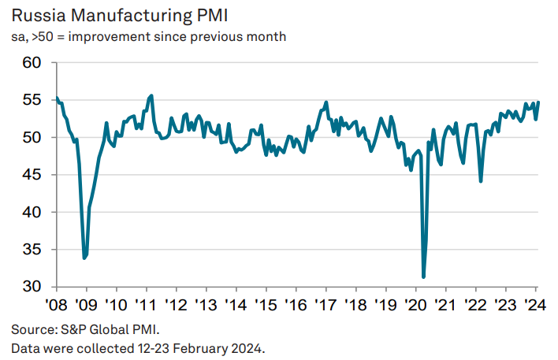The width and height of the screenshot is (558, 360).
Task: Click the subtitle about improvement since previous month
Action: pos(149,37)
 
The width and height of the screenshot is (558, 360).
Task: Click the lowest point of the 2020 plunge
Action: pos(424,276)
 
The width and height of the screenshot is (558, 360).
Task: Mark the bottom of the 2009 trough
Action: pos(84,258)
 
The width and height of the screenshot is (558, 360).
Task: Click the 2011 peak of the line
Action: pos(151,95)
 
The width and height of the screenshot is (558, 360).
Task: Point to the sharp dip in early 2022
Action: pos(481,181)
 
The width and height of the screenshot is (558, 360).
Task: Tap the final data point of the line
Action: pos(538,102)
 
